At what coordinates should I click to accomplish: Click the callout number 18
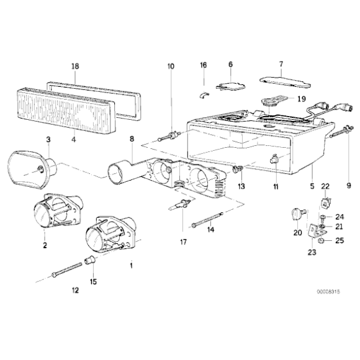(x=75, y=65)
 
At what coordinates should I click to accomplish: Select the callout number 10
(x=171, y=66)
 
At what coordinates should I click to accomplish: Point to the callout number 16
(x=203, y=65)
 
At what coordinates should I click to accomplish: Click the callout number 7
(x=281, y=64)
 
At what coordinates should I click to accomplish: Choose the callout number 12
(x=75, y=290)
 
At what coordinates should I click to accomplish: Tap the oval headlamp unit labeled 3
(x=31, y=168)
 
